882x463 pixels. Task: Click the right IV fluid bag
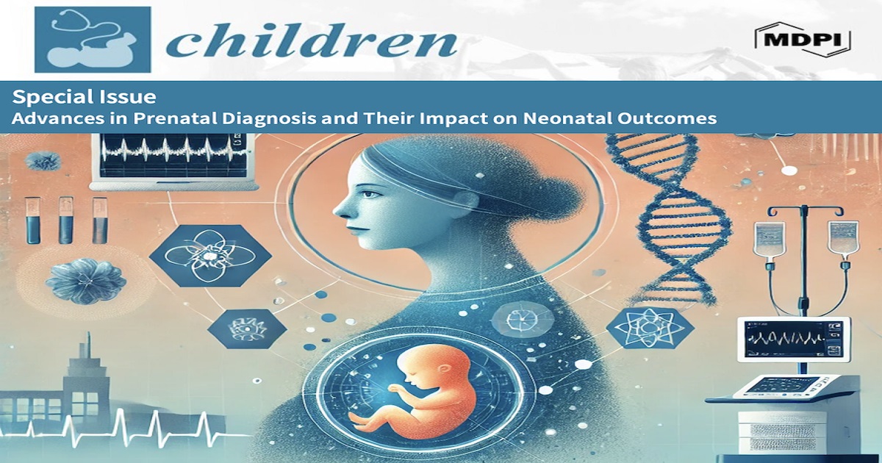point(842,242)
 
